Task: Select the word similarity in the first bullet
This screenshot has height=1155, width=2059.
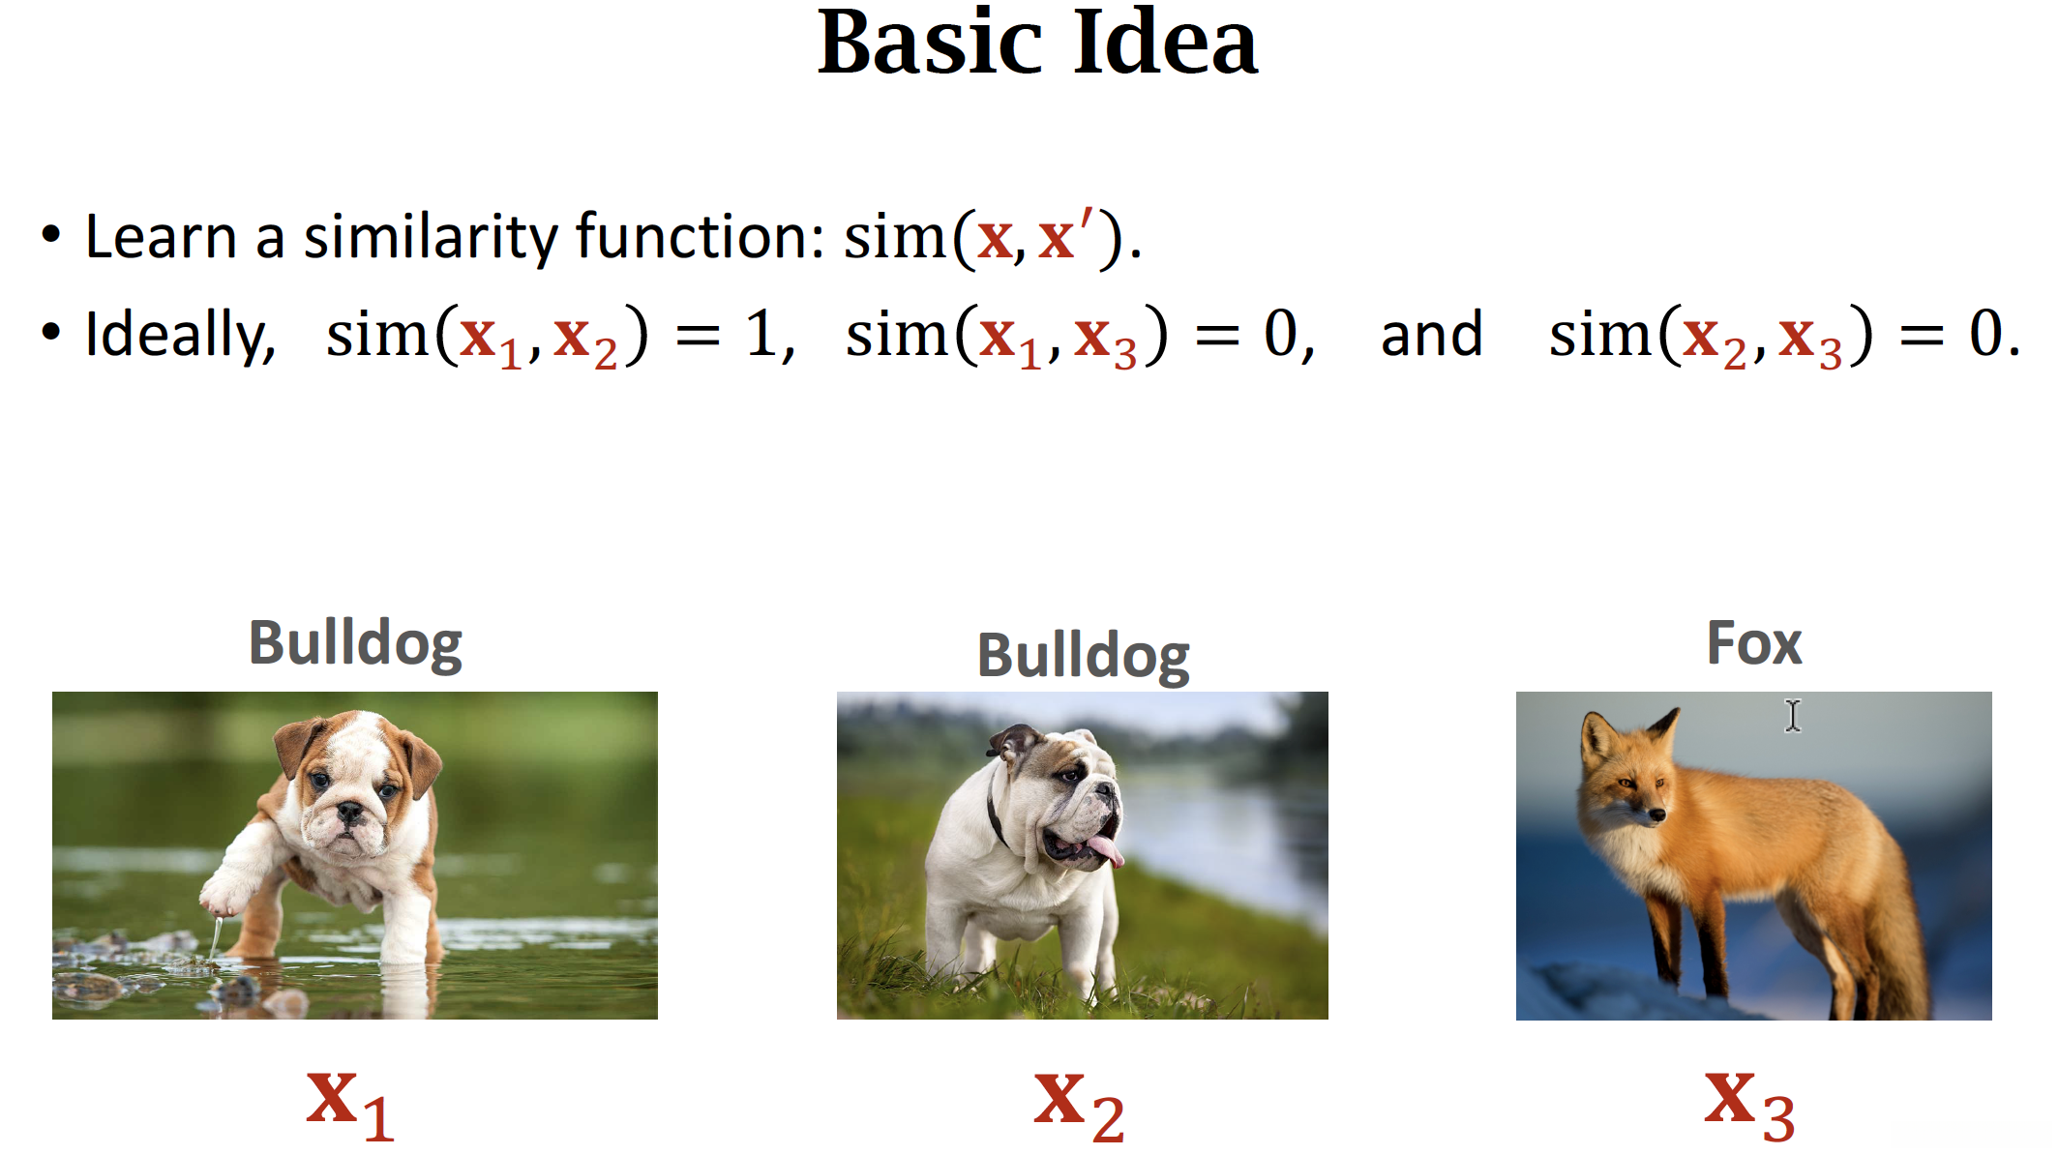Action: pos(431,237)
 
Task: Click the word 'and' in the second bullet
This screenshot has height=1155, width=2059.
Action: pos(1431,335)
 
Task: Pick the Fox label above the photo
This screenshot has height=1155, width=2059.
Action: pos(1754,643)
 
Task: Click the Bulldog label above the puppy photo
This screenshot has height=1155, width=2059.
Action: pos(355,644)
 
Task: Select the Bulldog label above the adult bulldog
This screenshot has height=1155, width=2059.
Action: pos(1083,657)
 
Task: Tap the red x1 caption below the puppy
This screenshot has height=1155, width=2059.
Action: pos(350,1106)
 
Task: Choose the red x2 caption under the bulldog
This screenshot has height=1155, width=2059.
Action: pos(1079,1107)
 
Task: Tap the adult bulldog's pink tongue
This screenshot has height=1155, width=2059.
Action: pos(1106,851)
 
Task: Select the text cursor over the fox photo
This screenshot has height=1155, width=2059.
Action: pos(1793,716)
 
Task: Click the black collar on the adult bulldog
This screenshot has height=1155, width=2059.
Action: pos(997,817)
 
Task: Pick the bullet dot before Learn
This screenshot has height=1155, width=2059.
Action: pos(51,235)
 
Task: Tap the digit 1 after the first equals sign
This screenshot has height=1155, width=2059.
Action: pos(761,335)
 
